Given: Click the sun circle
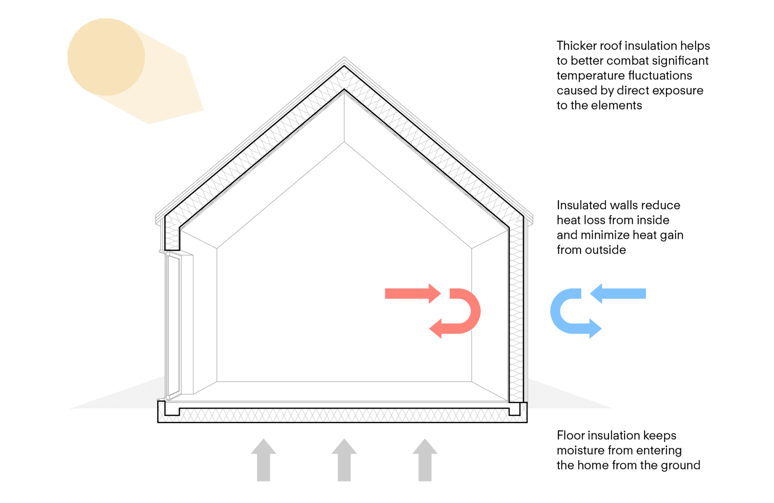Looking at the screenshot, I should click(x=106, y=57).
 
